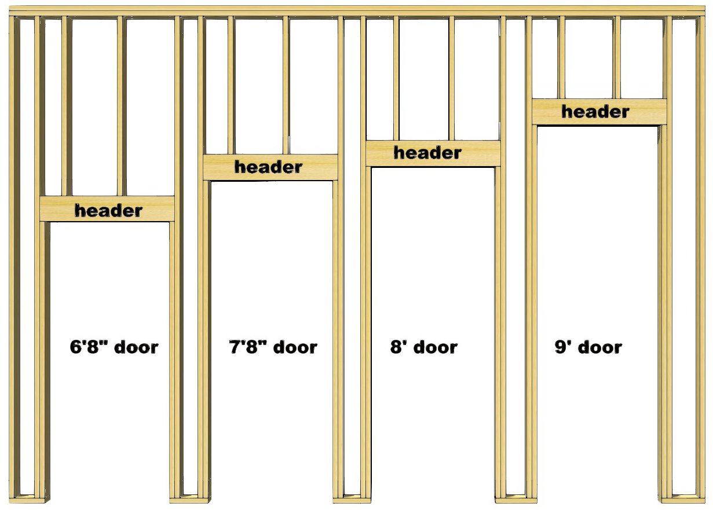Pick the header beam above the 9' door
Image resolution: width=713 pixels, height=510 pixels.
point(544,112)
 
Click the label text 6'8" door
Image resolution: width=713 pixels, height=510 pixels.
point(114,347)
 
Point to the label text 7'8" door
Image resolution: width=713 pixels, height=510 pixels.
point(273,347)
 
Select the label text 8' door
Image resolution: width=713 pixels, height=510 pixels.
point(424,347)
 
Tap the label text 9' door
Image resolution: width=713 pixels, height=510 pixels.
point(588,347)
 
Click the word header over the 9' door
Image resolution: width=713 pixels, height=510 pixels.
point(595,111)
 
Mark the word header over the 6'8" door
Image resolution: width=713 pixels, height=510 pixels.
point(108,210)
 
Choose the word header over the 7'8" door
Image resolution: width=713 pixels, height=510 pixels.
point(268,167)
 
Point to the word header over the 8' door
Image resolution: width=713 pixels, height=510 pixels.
point(427,153)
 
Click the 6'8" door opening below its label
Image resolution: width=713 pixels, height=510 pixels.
point(110,428)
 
